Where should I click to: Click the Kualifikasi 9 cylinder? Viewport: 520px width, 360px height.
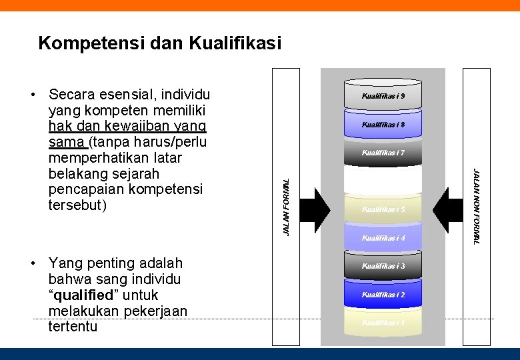(x=383, y=96)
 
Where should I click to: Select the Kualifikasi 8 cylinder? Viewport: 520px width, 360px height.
(x=383, y=125)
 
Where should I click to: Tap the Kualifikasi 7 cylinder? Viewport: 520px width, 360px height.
(x=383, y=153)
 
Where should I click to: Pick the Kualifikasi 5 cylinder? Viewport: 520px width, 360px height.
(x=383, y=209)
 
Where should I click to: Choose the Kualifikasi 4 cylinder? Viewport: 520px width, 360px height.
(x=383, y=237)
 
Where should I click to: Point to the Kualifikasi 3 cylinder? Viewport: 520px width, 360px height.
(x=383, y=266)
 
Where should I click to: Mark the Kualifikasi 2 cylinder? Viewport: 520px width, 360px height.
(x=383, y=294)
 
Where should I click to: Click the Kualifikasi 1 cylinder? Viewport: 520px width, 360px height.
(x=383, y=323)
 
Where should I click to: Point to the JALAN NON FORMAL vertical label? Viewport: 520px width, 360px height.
(x=475, y=207)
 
